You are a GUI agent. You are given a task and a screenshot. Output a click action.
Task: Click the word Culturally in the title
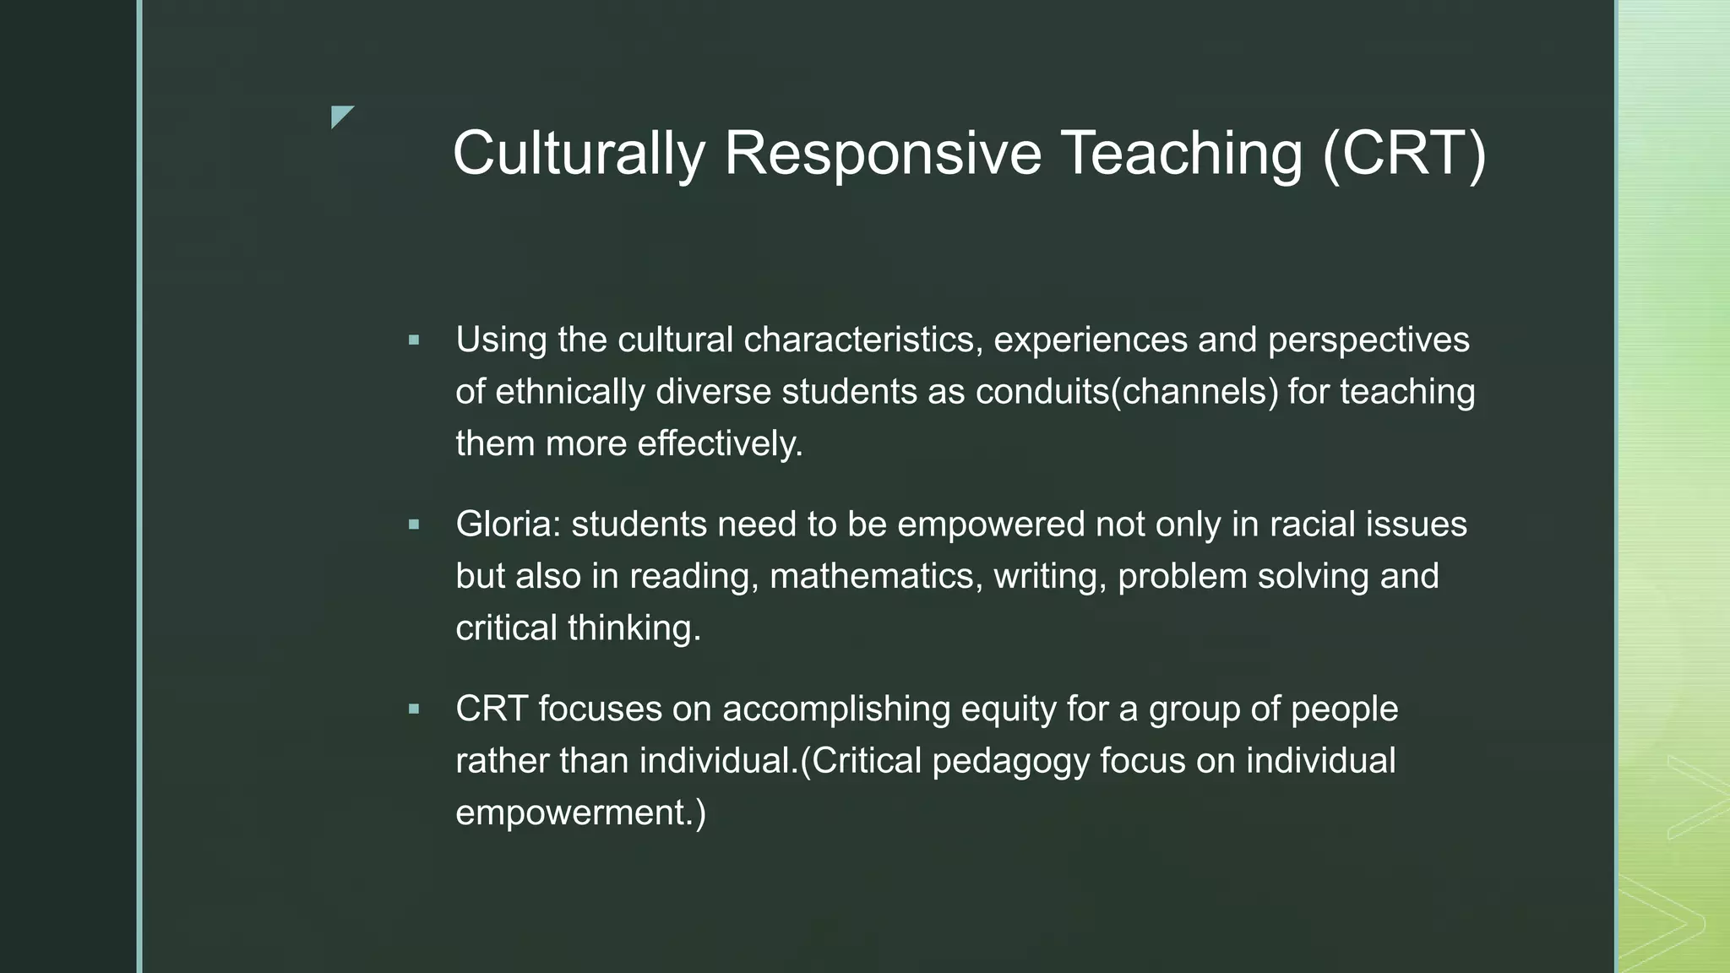point(579,154)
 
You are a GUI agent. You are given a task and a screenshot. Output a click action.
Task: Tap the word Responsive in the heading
point(883,154)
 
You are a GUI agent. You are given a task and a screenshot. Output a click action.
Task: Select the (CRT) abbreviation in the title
point(1403,154)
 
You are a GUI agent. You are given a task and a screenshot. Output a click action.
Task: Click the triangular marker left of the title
point(341,117)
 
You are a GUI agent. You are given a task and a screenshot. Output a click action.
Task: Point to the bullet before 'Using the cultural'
point(414,340)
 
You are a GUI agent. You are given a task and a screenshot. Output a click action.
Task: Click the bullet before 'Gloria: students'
point(414,525)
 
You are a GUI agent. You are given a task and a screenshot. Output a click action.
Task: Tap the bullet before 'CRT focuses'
point(414,709)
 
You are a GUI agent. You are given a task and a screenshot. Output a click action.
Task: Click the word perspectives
point(1368,340)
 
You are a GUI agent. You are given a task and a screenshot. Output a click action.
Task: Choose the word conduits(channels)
point(1127,392)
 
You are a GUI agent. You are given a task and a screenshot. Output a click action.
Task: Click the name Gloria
point(509,525)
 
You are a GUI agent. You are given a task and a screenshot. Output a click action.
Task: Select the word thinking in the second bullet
point(634,628)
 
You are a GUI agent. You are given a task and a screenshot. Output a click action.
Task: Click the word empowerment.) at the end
point(580,813)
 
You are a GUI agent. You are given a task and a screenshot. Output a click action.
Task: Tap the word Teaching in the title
point(1181,154)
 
